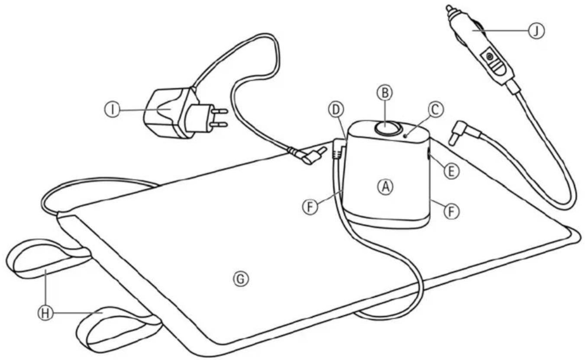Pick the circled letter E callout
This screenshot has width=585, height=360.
click(x=451, y=172)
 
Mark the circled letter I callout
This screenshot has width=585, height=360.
click(x=113, y=110)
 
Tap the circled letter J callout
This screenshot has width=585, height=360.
click(x=537, y=31)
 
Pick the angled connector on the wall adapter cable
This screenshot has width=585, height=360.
click(x=313, y=156)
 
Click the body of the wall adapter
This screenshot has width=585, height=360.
click(x=171, y=112)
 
